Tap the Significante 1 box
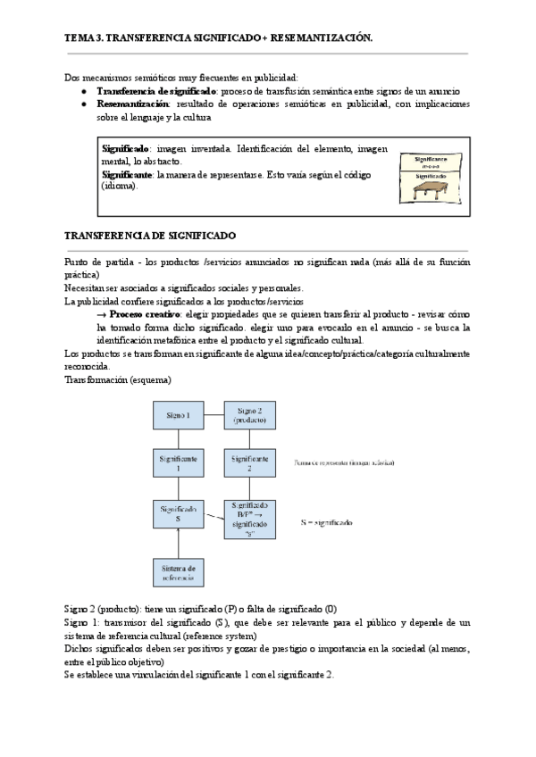[179, 462]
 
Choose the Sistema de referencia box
[179, 572]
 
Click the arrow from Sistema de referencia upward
[179, 541]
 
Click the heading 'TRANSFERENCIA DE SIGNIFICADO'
[150, 237]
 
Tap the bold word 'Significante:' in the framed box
[128, 175]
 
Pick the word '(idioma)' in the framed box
[120, 187]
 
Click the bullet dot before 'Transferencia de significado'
[83, 91]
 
